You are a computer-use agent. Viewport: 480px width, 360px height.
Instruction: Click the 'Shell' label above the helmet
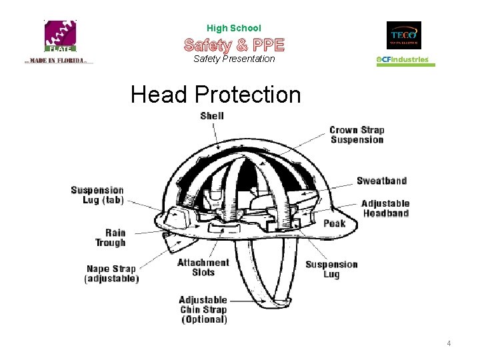[212, 116]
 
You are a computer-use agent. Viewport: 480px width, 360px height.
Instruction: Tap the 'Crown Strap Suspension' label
[357, 135]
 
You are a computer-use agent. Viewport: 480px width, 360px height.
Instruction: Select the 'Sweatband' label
[381, 181]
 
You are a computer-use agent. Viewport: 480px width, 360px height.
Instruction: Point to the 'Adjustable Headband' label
[385, 209]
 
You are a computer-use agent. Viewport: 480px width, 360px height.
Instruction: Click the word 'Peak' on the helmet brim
[335, 223]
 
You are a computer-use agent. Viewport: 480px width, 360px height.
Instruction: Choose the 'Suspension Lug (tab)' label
[97, 195]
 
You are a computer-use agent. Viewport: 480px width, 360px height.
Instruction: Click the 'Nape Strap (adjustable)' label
[111, 274]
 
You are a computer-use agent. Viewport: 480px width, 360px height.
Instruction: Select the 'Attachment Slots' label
[203, 267]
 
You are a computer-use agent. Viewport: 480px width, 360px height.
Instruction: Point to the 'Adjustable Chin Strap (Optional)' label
[204, 309]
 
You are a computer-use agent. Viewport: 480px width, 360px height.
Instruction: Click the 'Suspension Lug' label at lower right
[331, 269]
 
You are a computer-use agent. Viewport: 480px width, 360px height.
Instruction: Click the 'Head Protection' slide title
[216, 95]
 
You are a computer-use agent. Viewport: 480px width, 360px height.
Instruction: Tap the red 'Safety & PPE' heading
[234, 45]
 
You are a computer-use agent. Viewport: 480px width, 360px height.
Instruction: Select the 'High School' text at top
[234, 28]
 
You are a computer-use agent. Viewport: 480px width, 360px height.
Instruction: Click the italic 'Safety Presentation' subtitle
[234, 59]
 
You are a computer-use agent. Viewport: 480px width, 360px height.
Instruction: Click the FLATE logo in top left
[61, 37]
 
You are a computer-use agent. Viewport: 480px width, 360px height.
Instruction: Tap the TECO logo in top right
[404, 35]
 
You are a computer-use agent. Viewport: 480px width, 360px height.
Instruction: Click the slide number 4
[449, 343]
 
